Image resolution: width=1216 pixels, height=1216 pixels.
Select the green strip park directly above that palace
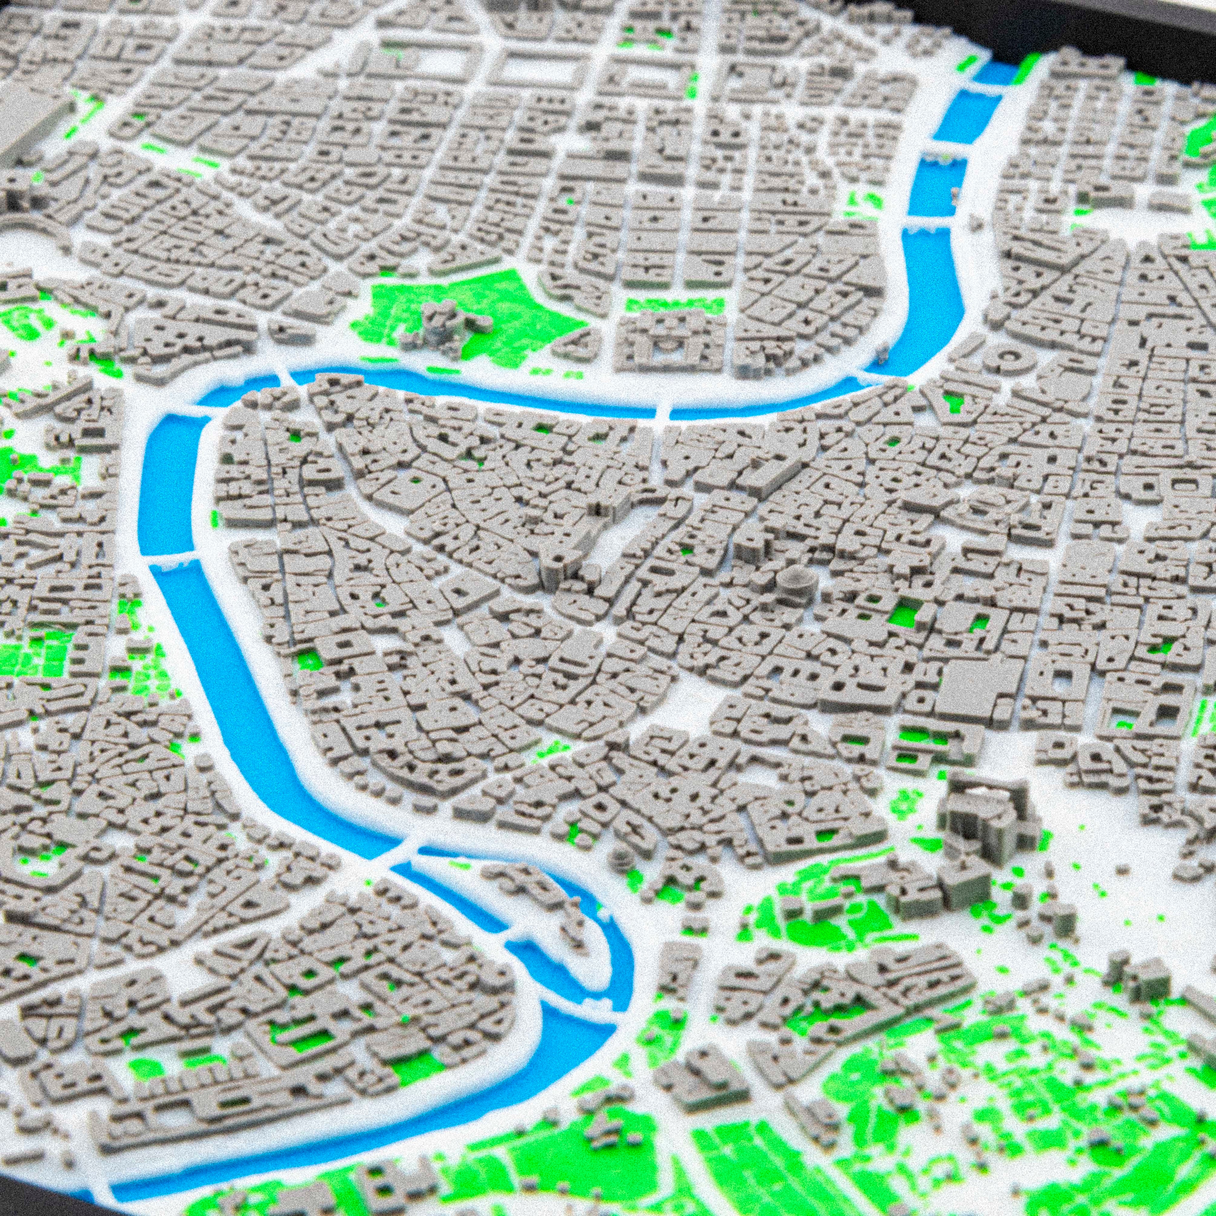[674, 305]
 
